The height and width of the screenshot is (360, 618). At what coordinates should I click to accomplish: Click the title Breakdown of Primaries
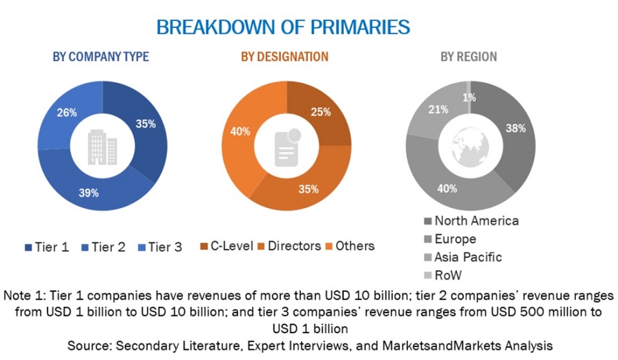[283, 27]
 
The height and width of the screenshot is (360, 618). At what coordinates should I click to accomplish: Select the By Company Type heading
[101, 57]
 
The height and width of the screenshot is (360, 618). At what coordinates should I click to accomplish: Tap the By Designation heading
[284, 57]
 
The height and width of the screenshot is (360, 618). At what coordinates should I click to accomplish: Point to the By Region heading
[469, 57]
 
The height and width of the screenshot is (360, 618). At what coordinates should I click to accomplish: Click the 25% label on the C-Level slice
[321, 112]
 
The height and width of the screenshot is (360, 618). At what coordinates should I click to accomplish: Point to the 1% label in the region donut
[470, 97]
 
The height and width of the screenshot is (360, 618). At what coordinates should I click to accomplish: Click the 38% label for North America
[516, 128]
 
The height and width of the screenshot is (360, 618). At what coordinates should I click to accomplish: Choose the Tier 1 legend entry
[47, 247]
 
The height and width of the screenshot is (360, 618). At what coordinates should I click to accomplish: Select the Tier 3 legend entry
[159, 247]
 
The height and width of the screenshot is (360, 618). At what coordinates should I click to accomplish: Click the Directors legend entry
[290, 245]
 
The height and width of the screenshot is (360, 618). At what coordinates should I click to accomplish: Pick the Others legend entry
[351, 245]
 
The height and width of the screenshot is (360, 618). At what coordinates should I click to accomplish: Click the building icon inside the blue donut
[102, 146]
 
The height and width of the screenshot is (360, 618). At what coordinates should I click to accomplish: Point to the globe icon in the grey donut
[470, 146]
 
